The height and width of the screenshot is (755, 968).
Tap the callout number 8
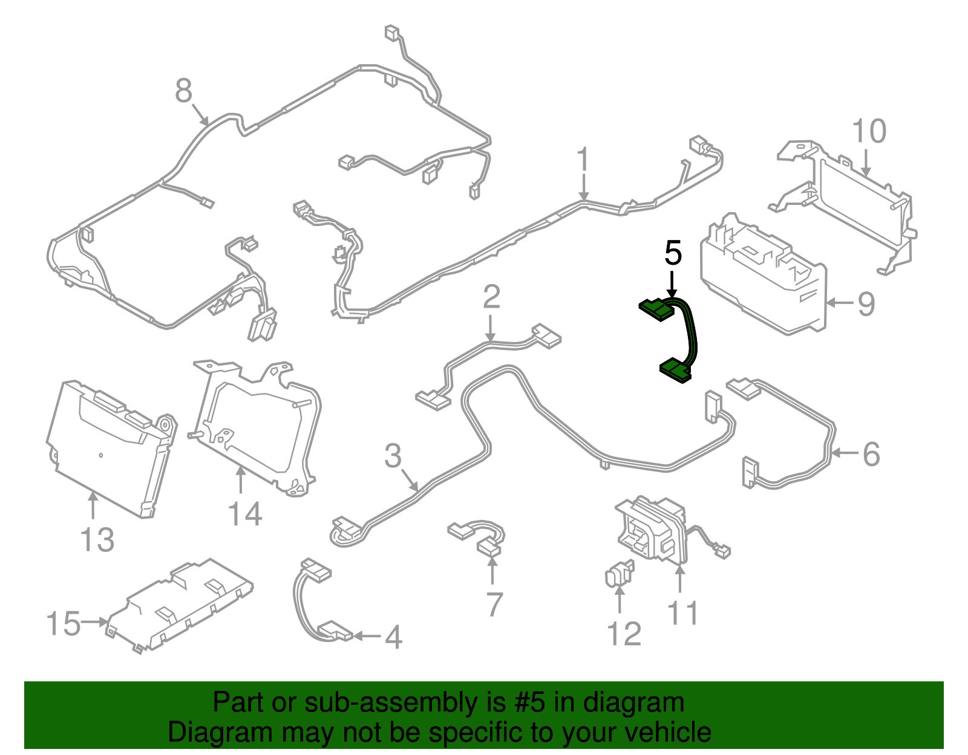(x=183, y=90)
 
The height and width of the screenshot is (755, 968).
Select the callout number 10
(x=869, y=131)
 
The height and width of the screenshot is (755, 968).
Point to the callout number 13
(x=97, y=540)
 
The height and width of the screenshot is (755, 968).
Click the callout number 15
(x=64, y=623)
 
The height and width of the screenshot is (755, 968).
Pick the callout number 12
(x=624, y=633)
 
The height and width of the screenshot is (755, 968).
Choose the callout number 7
(x=493, y=604)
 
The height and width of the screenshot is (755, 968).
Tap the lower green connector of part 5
(x=676, y=371)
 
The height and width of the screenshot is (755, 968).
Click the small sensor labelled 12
(x=619, y=573)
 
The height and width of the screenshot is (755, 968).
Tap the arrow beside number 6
(x=844, y=453)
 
